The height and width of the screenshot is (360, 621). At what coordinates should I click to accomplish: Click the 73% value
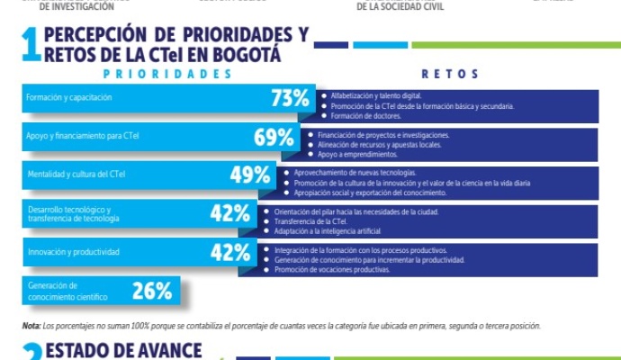[x=290, y=99]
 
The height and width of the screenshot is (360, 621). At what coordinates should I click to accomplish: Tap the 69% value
[x=274, y=138]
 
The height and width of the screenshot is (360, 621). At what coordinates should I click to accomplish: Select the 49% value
[x=250, y=175]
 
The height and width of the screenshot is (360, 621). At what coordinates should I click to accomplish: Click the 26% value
[x=151, y=290]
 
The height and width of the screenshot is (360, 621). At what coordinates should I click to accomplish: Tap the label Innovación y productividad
[x=73, y=252]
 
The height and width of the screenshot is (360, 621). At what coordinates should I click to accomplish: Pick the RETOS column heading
[x=450, y=74]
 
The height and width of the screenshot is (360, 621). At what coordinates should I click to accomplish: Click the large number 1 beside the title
[x=30, y=46]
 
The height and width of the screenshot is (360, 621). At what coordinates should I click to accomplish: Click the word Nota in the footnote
[x=31, y=326]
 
